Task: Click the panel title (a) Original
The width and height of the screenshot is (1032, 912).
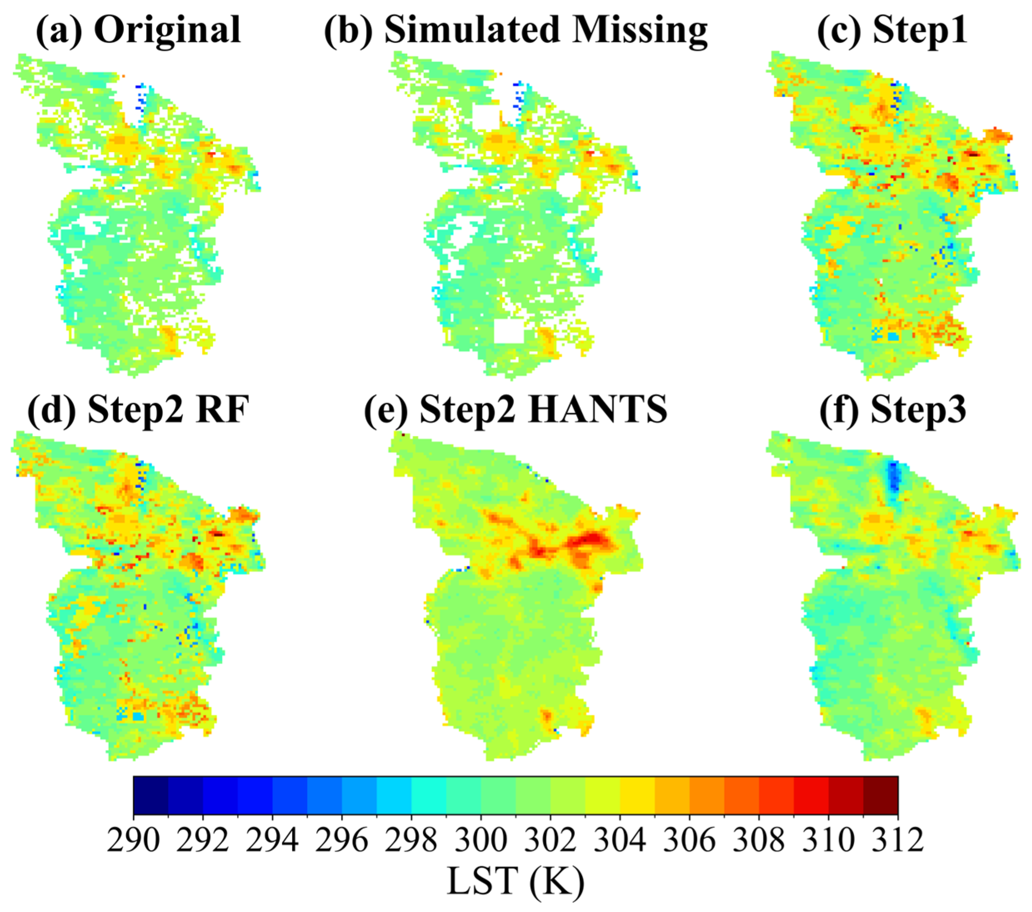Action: pyautogui.click(x=138, y=30)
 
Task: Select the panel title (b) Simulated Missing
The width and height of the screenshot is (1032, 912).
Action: pyautogui.click(x=515, y=30)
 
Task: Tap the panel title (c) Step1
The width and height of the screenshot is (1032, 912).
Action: pyautogui.click(x=892, y=30)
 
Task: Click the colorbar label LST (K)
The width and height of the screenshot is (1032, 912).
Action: pyautogui.click(x=515, y=881)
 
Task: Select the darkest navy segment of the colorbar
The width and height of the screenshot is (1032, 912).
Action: pyautogui.click(x=151, y=795)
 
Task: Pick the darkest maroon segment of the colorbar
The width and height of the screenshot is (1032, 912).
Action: pyautogui.click(x=880, y=795)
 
